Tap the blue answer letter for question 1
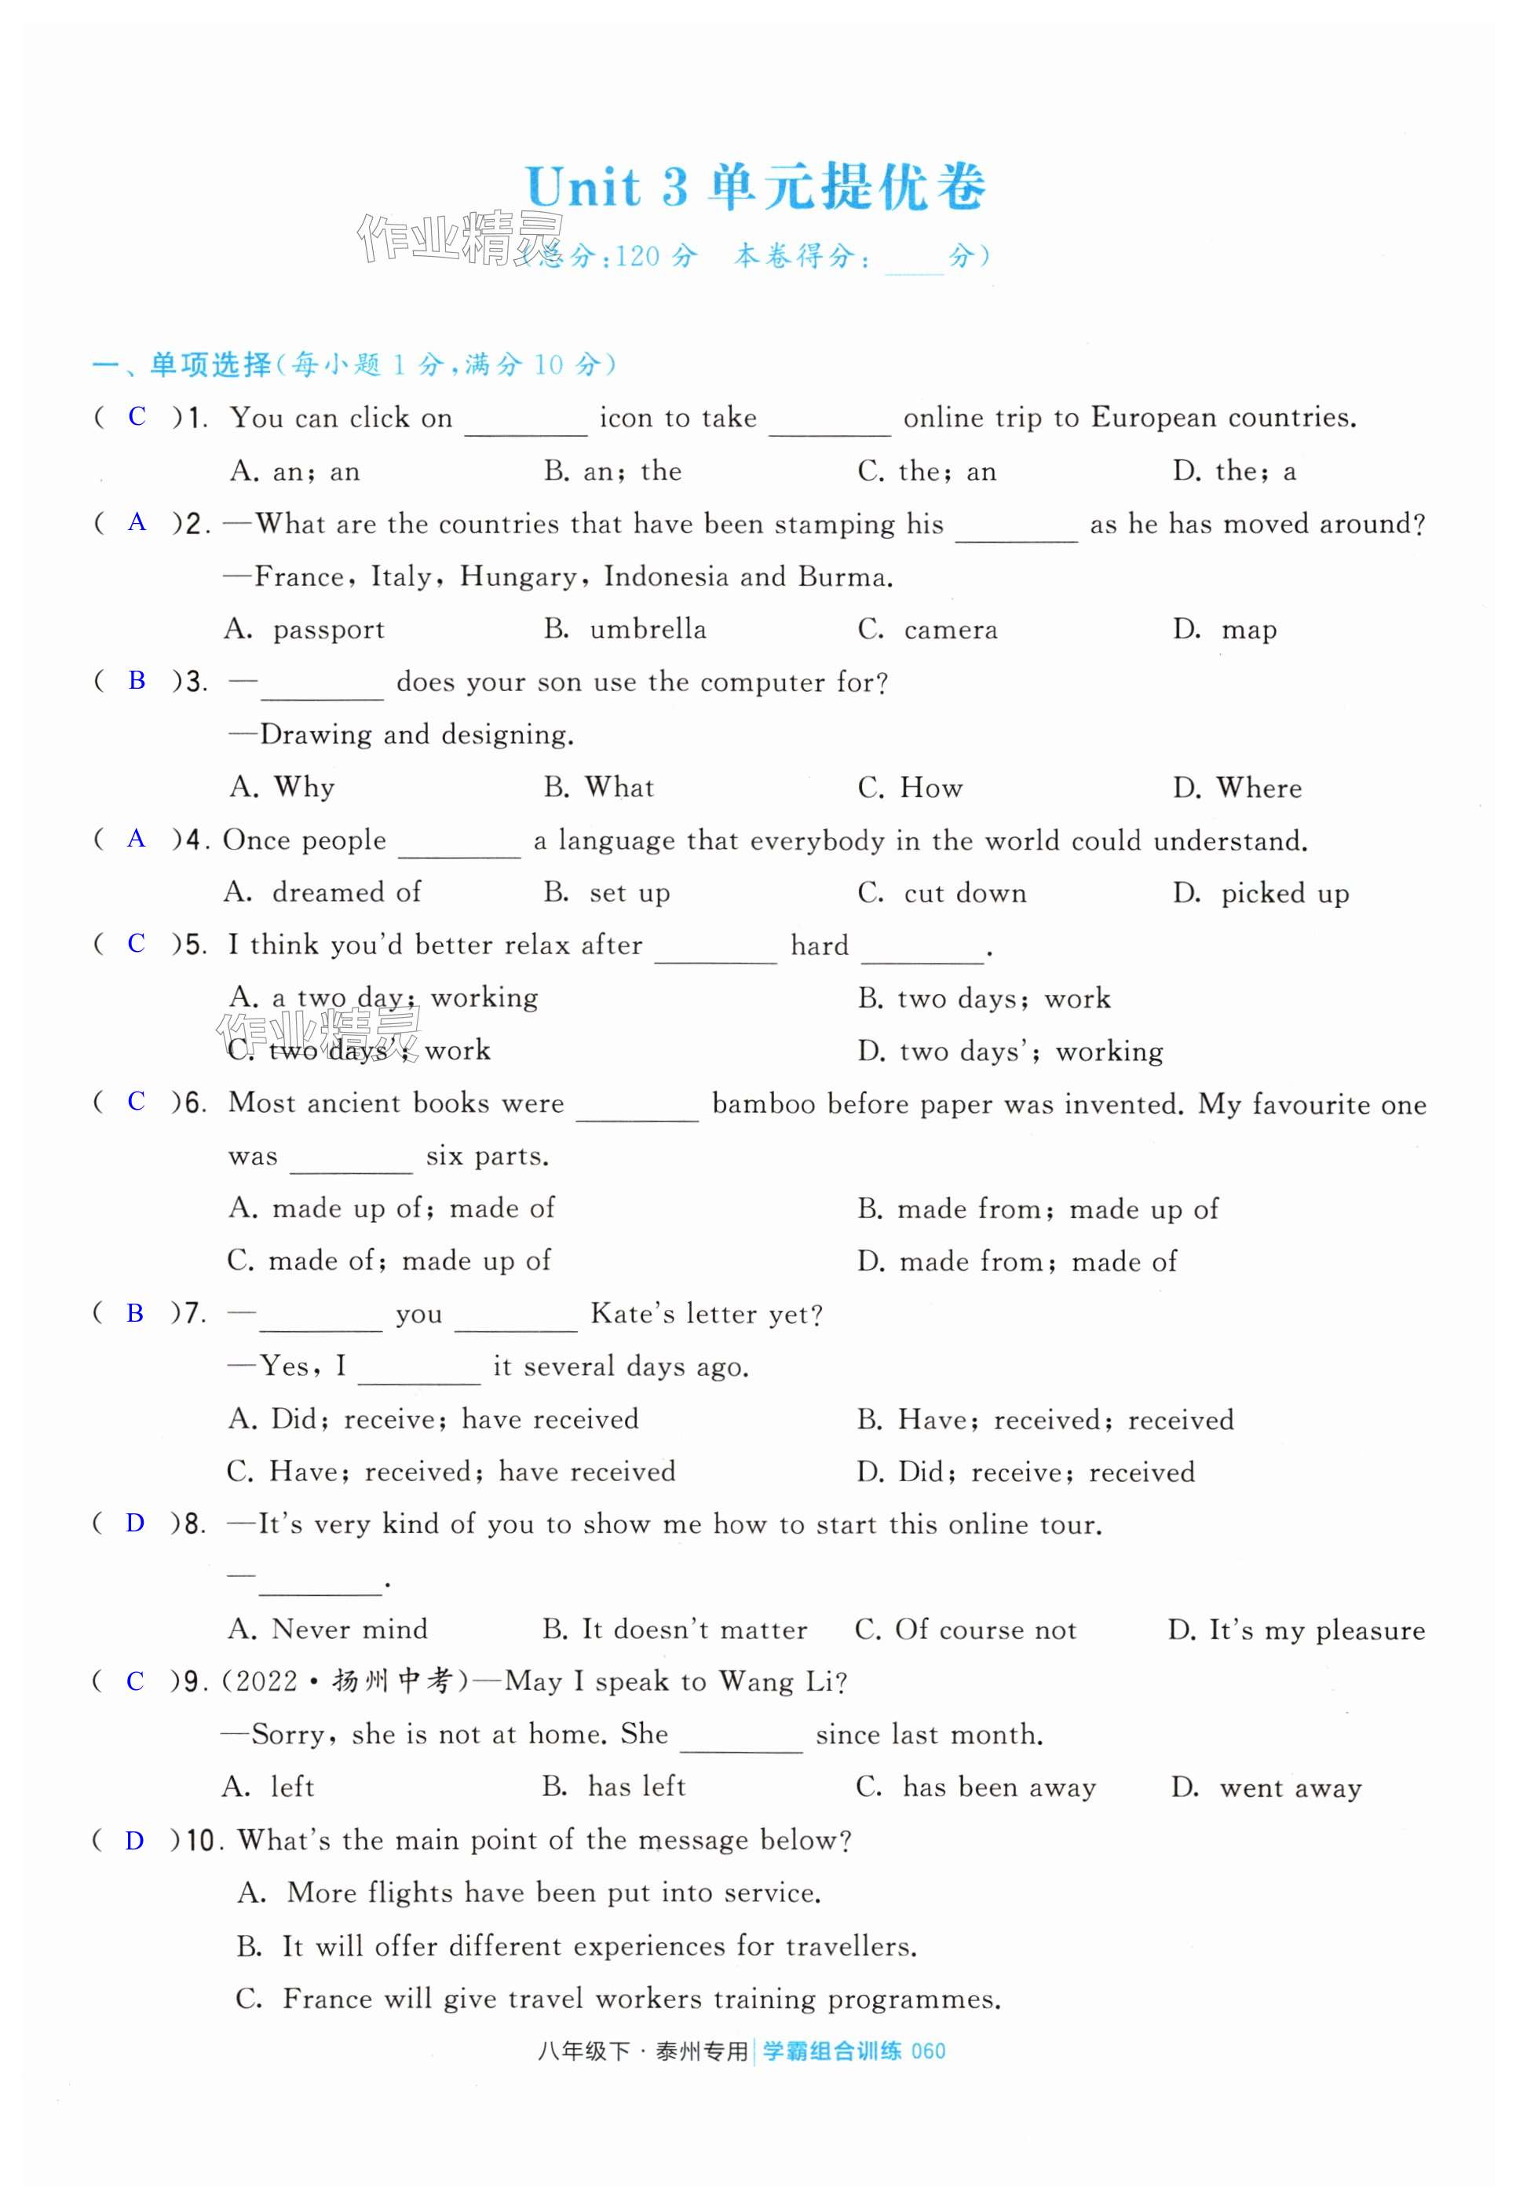(x=137, y=416)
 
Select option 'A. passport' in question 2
(x=305, y=629)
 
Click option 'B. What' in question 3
(x=598, y=787)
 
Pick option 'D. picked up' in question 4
(x=1261, y=893)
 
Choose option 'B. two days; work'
(x=984, y=998)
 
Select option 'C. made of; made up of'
(x=389, y=1260)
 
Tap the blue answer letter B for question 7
(x=135, y=1313)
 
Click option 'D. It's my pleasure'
(x=1297, y=1630)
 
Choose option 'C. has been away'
(x=976, y=1787)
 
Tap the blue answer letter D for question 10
(x=135, y=1840)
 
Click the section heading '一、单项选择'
(x=181, y=365)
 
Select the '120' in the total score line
(x=637, y=257)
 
